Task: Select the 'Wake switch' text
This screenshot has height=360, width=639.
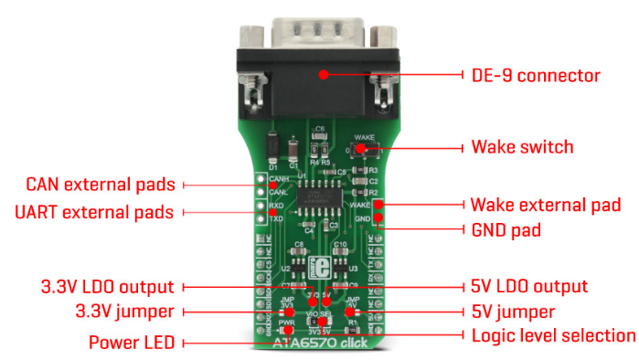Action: tap(522, 147)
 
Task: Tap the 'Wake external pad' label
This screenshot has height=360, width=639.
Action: tap(545, 204)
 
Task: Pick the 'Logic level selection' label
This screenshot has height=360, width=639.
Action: tap(553, 335)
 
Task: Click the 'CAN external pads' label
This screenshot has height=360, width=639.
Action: tap(101, 185)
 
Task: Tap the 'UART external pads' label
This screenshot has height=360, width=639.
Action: tap(94, 213)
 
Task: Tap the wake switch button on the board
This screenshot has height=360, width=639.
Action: tap(362, 148)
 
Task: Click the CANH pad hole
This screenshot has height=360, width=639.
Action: tap(261, 178)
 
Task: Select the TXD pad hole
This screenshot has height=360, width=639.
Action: tap(261, 219)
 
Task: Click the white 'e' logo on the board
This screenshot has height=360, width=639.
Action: tap(320, 268)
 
